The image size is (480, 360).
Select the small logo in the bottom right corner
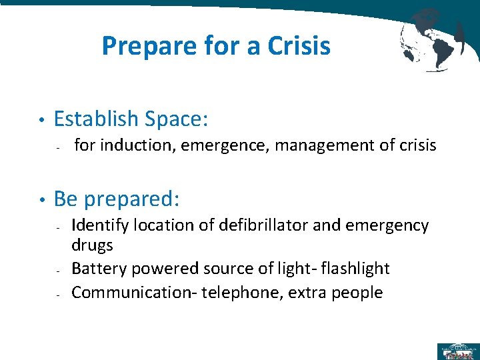coord(458,351)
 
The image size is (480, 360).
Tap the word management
coord(319,145)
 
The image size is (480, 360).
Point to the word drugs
coord(92,245)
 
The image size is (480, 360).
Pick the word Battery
coord(99,269)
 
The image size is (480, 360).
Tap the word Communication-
coord(129,292)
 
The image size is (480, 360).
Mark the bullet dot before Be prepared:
coord(41,200)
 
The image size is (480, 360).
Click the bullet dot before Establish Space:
coord(41,120)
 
